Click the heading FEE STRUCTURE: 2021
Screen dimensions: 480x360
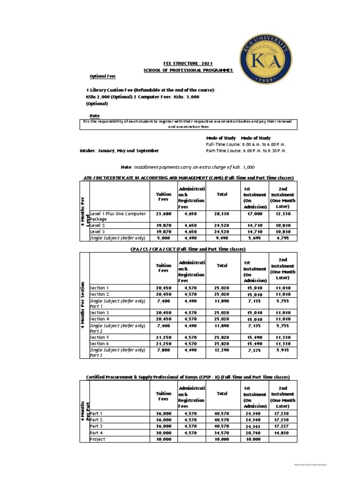tap(187, 62)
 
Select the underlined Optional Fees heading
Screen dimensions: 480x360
tap(103, 76)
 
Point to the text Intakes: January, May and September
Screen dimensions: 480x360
tap(119, 151)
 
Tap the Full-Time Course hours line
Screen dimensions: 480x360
tap(246, 144)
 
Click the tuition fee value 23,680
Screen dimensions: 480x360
tap(164, 213)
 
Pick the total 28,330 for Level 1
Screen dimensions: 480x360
tap(222, 213)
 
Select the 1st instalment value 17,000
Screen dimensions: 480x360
tap(255, 213)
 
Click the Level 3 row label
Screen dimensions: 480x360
tap(97, 232)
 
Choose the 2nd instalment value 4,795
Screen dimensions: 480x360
tap(283, 238)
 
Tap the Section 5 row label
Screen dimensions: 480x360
tap(99, 337)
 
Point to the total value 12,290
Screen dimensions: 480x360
tap(222, 350)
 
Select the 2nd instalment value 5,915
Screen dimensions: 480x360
tap(283, 350)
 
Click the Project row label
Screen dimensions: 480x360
tap(97, 439)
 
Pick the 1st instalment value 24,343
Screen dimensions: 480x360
tap(255, 426)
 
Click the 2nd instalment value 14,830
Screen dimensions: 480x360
tap(283, 433)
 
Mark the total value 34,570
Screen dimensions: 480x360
tap(222, 433)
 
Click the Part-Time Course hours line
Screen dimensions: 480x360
tap(246, 151)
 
